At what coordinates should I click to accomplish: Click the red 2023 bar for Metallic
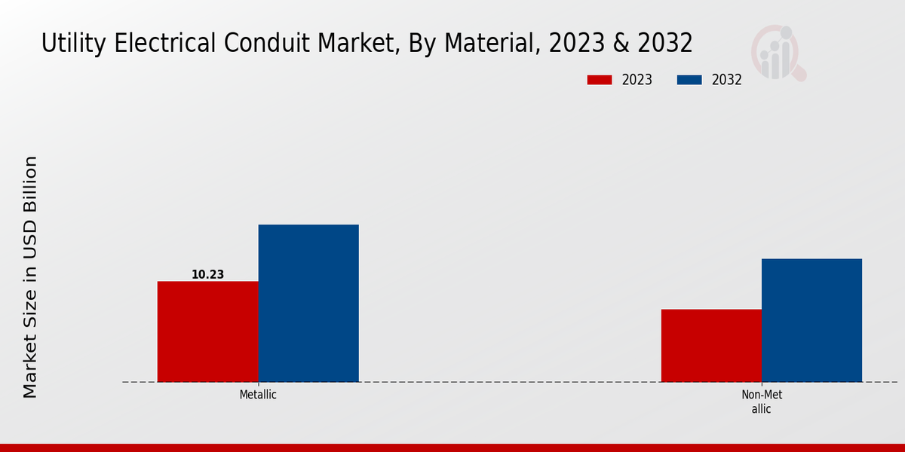tap(207, 331)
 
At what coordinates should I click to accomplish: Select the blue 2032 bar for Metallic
tap(308, 303)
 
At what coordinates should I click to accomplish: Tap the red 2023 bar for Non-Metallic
tap(711, 345)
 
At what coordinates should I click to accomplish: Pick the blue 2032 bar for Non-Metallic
tap(811, 320)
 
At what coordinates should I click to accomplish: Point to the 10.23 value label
tap(207, 275)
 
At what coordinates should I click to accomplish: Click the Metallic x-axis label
tap(258, 395)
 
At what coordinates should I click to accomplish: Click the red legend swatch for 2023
tap(600, 80)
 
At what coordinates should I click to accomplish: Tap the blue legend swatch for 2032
tap(690, 80)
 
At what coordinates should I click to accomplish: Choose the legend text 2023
tap(637, 80)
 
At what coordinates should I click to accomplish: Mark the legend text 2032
tap(727, 80)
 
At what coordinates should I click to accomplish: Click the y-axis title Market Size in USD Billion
tap(30, 276)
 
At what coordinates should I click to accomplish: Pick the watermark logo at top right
tap(778, 53)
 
